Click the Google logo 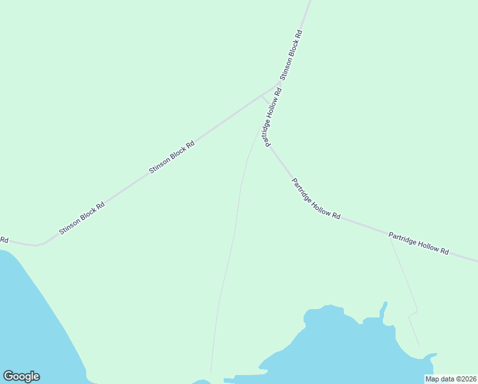[21, 376]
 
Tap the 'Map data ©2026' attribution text [451, 379]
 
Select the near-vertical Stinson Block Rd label [291, 54]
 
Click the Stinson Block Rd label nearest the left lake [81, 219]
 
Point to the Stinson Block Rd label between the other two [171, 157]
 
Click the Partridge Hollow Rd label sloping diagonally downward [316, 198]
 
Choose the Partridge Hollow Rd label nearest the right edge [419, 244]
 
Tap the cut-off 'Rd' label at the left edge [4, 240]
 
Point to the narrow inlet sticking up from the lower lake [383, 310]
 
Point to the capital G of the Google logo [8, 376]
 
